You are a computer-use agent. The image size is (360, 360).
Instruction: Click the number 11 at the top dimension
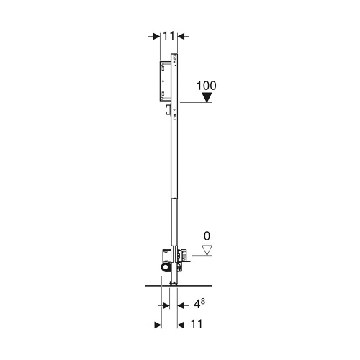pos(168,34)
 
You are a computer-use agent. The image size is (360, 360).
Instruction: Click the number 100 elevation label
pos(207,85)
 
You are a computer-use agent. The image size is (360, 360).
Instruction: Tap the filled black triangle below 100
pos(207,98)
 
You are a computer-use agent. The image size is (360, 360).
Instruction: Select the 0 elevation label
pos(207,235)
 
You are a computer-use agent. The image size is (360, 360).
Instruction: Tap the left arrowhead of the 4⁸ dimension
pos(165,305)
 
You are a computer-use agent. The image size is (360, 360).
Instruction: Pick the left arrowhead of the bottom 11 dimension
pos(154,325)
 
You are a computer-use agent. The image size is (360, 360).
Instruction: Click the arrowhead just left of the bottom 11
pos(180,325)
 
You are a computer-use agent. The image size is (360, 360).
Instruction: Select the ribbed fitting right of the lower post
pos(184,254)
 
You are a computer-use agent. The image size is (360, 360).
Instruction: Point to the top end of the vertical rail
pos(174,55)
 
